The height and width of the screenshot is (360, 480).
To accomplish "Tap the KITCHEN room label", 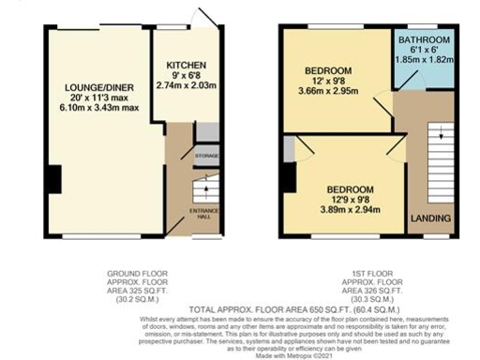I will [x=185, y=65].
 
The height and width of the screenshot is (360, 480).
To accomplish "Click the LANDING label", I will [x=430, y=218].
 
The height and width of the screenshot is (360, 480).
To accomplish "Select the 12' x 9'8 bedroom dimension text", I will [x=327, y=82].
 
